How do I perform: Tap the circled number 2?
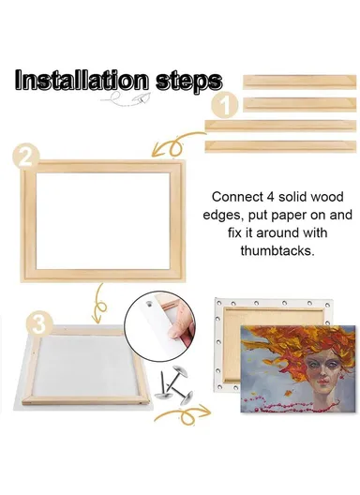[x=27, y=157]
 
